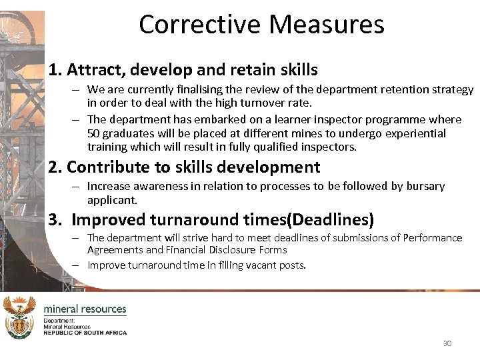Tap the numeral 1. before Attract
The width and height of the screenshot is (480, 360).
coord(55,69)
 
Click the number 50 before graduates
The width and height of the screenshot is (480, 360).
coord(93,133)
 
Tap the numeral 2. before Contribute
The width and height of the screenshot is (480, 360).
coord(55,167)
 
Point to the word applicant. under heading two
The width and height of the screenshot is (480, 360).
coord(112,200)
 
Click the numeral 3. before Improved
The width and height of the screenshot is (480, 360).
coord(55,219)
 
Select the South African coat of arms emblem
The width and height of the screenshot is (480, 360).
coord(19,317)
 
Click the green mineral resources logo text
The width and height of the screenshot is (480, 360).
coord(85,309)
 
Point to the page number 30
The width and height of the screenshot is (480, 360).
coord(447,343)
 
